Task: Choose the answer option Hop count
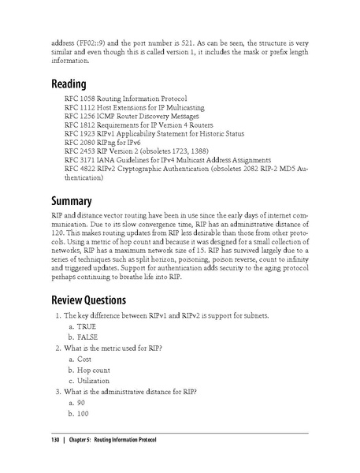click(x=94, y=369)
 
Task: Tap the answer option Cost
click(x=84, y=358)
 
